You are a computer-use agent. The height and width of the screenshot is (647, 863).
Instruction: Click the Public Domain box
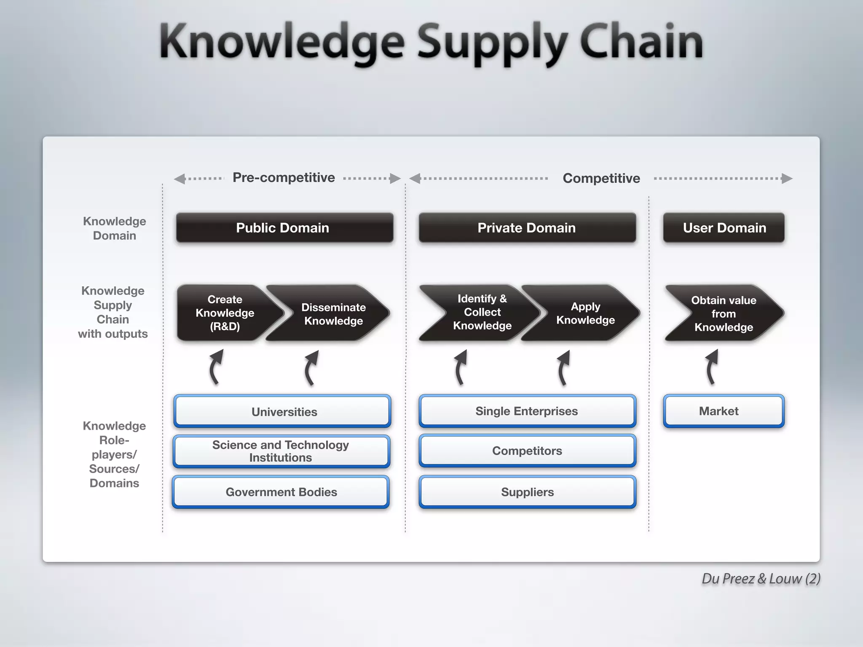[284, 228]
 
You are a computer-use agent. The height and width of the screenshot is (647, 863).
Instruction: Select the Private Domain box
[527, 228]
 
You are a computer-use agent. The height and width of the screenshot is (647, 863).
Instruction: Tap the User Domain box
[724, 228]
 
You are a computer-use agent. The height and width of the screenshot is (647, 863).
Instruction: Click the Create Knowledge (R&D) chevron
[225, 313]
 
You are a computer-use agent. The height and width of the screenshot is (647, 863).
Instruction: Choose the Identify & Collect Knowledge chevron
[482, 312]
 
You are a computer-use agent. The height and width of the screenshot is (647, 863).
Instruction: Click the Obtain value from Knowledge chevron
[724, 313]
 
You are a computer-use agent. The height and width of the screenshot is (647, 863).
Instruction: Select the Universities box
[282, 412]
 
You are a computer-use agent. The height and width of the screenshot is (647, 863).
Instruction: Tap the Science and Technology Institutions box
[281, 451]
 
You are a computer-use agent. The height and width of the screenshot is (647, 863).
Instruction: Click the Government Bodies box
[281, 492]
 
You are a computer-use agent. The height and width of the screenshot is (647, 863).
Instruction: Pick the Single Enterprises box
[527, 411]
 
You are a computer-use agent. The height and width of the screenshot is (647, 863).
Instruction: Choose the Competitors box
[527, 451]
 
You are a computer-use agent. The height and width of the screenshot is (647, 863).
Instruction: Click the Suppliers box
[527, 492]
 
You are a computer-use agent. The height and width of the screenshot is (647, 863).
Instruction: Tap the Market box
[724, 411]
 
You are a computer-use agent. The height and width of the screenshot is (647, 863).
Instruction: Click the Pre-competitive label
[284, 178]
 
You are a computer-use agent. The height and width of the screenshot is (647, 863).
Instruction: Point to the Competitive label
[601, 179]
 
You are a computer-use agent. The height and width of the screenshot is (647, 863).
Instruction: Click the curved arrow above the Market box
[711, 367]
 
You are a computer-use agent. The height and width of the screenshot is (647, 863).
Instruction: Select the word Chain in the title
[641, 42]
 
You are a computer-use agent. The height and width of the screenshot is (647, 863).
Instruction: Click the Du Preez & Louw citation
[761, 579]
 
